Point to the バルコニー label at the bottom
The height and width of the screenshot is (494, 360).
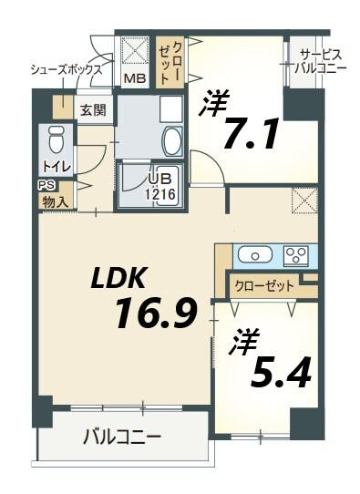click(122, 437)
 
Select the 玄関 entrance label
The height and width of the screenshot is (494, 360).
click(92, 110)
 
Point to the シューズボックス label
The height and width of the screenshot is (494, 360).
click(66, 69)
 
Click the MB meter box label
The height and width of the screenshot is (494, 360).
click(134, 77)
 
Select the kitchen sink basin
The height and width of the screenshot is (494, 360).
click(252, 253)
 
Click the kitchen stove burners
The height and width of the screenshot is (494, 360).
click(296, 253)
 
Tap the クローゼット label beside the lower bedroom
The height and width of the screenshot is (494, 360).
click(264, 285)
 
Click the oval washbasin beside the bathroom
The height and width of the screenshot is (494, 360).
click(171, 140)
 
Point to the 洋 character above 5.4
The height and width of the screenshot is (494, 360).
click(244, 342)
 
